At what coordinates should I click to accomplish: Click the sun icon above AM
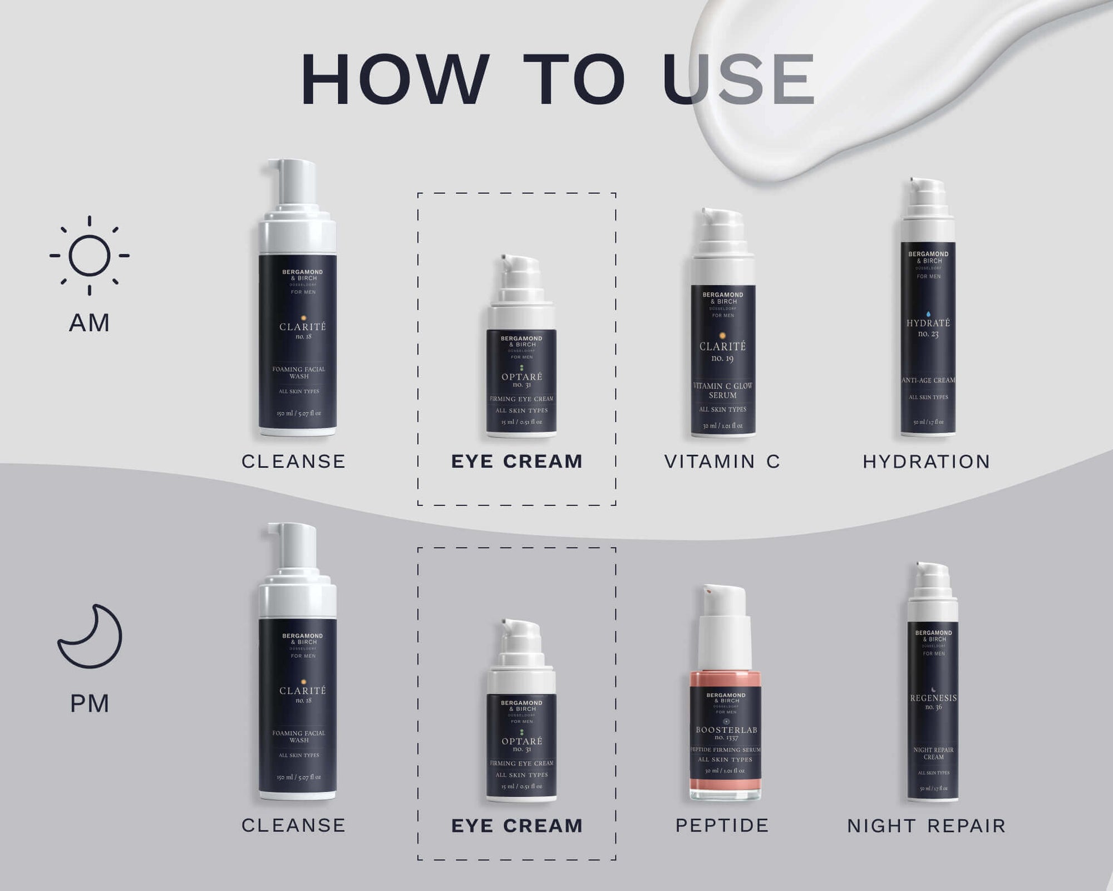pos(89,256)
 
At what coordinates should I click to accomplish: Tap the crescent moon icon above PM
pos(90,637)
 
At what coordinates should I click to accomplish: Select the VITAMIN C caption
pos(722,462)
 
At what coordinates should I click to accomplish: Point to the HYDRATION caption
pos(927,462)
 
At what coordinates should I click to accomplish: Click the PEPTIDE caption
pos(722,825)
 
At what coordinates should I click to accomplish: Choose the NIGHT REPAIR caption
pos(927,826)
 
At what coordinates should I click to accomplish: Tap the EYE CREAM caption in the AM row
pos(516,462)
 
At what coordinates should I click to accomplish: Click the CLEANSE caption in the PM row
pos(293,825)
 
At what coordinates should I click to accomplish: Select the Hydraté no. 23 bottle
pos(928,334)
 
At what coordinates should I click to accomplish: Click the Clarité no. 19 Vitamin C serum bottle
pos(723,356)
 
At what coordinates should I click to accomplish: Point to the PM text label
pos(89,704)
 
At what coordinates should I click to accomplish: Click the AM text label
pos(89,323)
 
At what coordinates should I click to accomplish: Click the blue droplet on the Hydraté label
pos(928,314)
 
